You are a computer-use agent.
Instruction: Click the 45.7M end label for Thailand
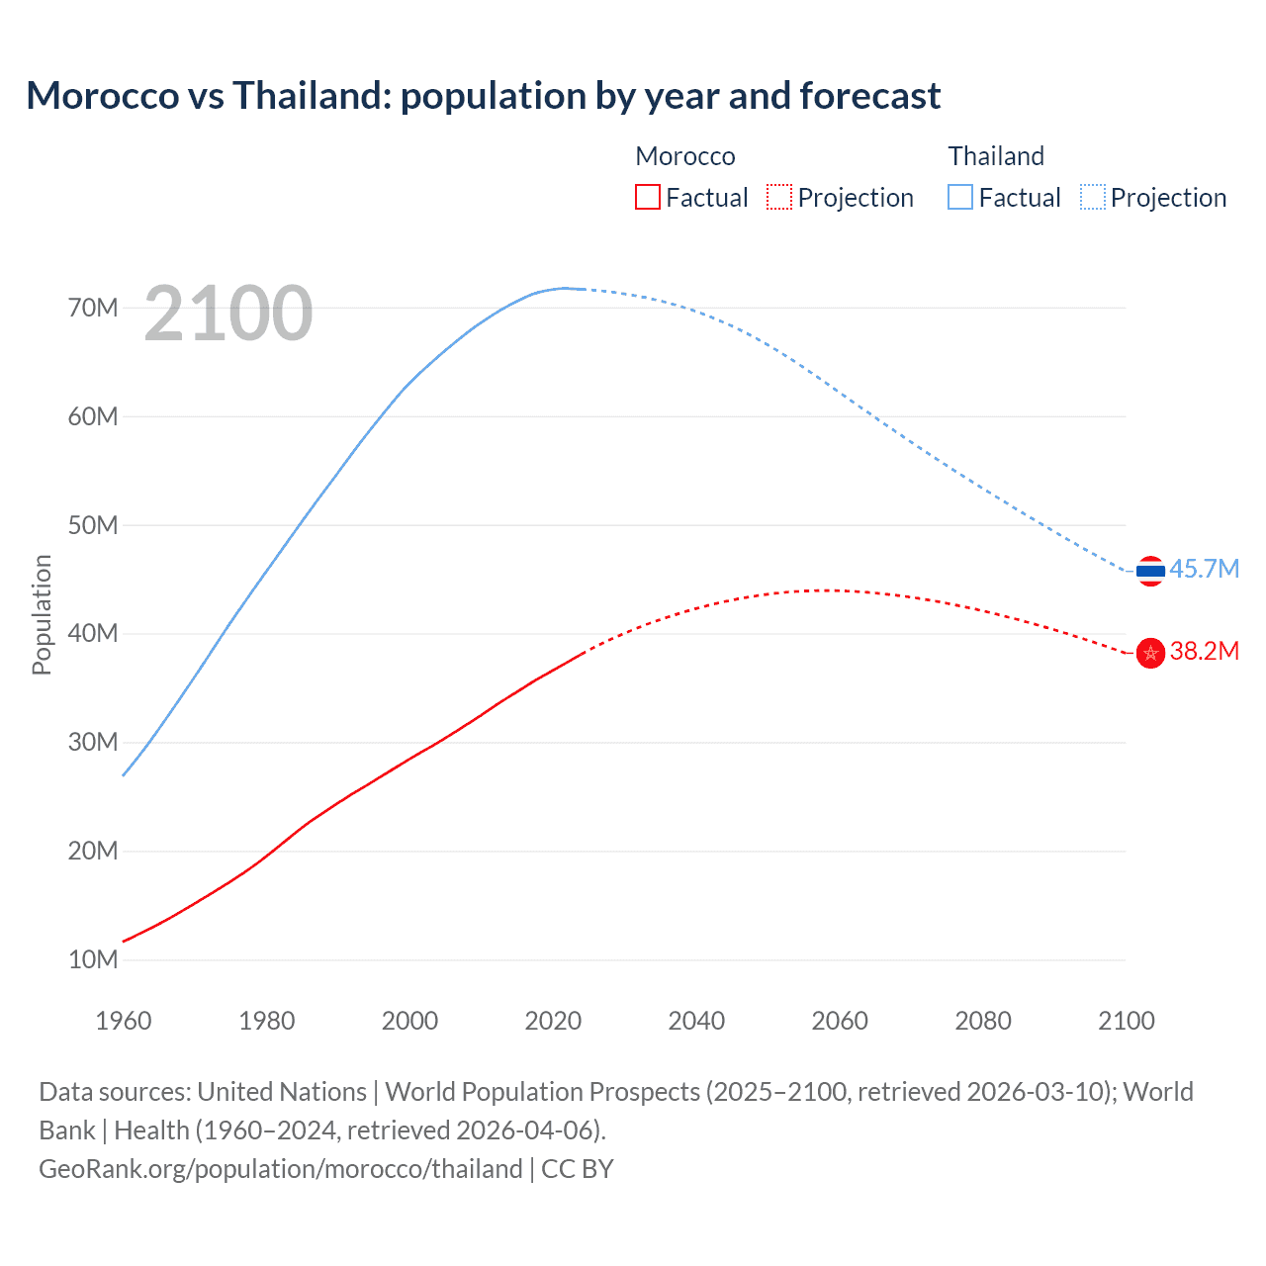click(1204, 570)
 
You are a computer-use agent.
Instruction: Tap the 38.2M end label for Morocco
click(1204, 652)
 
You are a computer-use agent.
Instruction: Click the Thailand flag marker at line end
click(1150, 571)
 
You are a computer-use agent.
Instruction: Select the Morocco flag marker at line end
click(1150, 653)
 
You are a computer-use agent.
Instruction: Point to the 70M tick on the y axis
click(93, 308)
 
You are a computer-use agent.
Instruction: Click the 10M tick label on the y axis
click(93, 959)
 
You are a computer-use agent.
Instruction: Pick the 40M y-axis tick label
click(93, 633)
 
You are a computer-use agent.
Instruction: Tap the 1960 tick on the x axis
click(124, 1021)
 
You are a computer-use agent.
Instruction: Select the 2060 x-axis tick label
click(840, 1021)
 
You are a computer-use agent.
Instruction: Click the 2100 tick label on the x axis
click(1126, 1021)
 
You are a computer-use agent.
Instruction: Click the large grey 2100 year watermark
click(228, 315)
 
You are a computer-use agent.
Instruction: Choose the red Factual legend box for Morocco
click(647, 198)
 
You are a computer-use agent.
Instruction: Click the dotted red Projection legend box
click(779, 198)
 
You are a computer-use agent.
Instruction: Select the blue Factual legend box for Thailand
click(960, 198)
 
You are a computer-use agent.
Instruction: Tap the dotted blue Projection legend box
click(1092, 198)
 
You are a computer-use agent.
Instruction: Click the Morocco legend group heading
click(685, 156)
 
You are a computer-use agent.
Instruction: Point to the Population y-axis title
click(42, 614)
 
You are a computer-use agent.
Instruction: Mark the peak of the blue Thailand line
click(566, 288)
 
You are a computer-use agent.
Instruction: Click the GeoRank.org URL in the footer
click(280, 1169)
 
